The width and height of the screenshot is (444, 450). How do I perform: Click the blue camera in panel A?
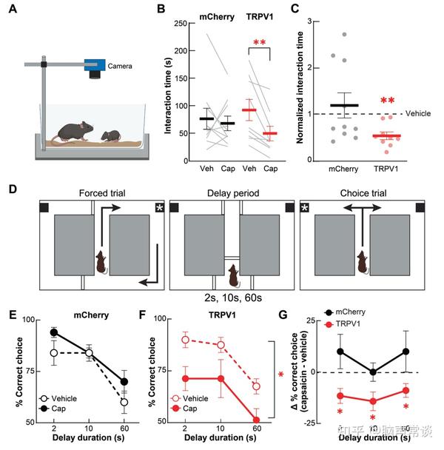[94, 67]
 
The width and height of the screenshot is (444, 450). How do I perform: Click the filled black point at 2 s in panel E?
[54, 332]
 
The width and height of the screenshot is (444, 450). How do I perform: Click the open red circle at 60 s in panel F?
[256, 386]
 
